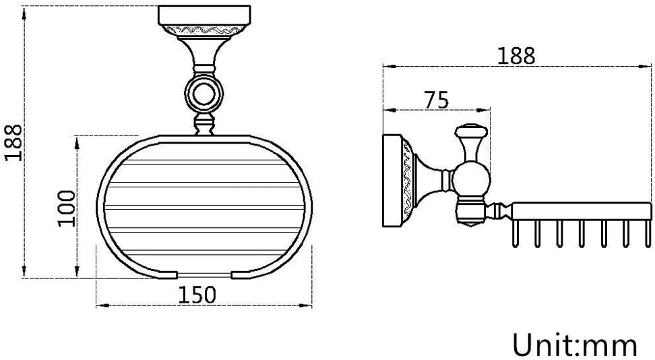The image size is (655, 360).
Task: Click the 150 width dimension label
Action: point(197,295)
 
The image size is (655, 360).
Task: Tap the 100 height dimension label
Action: point(67,208)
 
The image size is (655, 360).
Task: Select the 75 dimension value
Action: point(437,100)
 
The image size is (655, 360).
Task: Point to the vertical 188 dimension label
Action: point(13,142)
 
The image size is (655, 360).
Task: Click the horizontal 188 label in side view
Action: point(516,55)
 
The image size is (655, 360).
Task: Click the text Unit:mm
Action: point(575,345)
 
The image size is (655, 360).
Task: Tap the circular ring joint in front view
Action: point(204,95)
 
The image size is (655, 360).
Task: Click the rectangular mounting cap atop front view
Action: point(204,16)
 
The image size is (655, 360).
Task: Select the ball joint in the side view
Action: point(471,180)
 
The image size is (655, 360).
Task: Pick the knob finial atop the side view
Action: point(471,133)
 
